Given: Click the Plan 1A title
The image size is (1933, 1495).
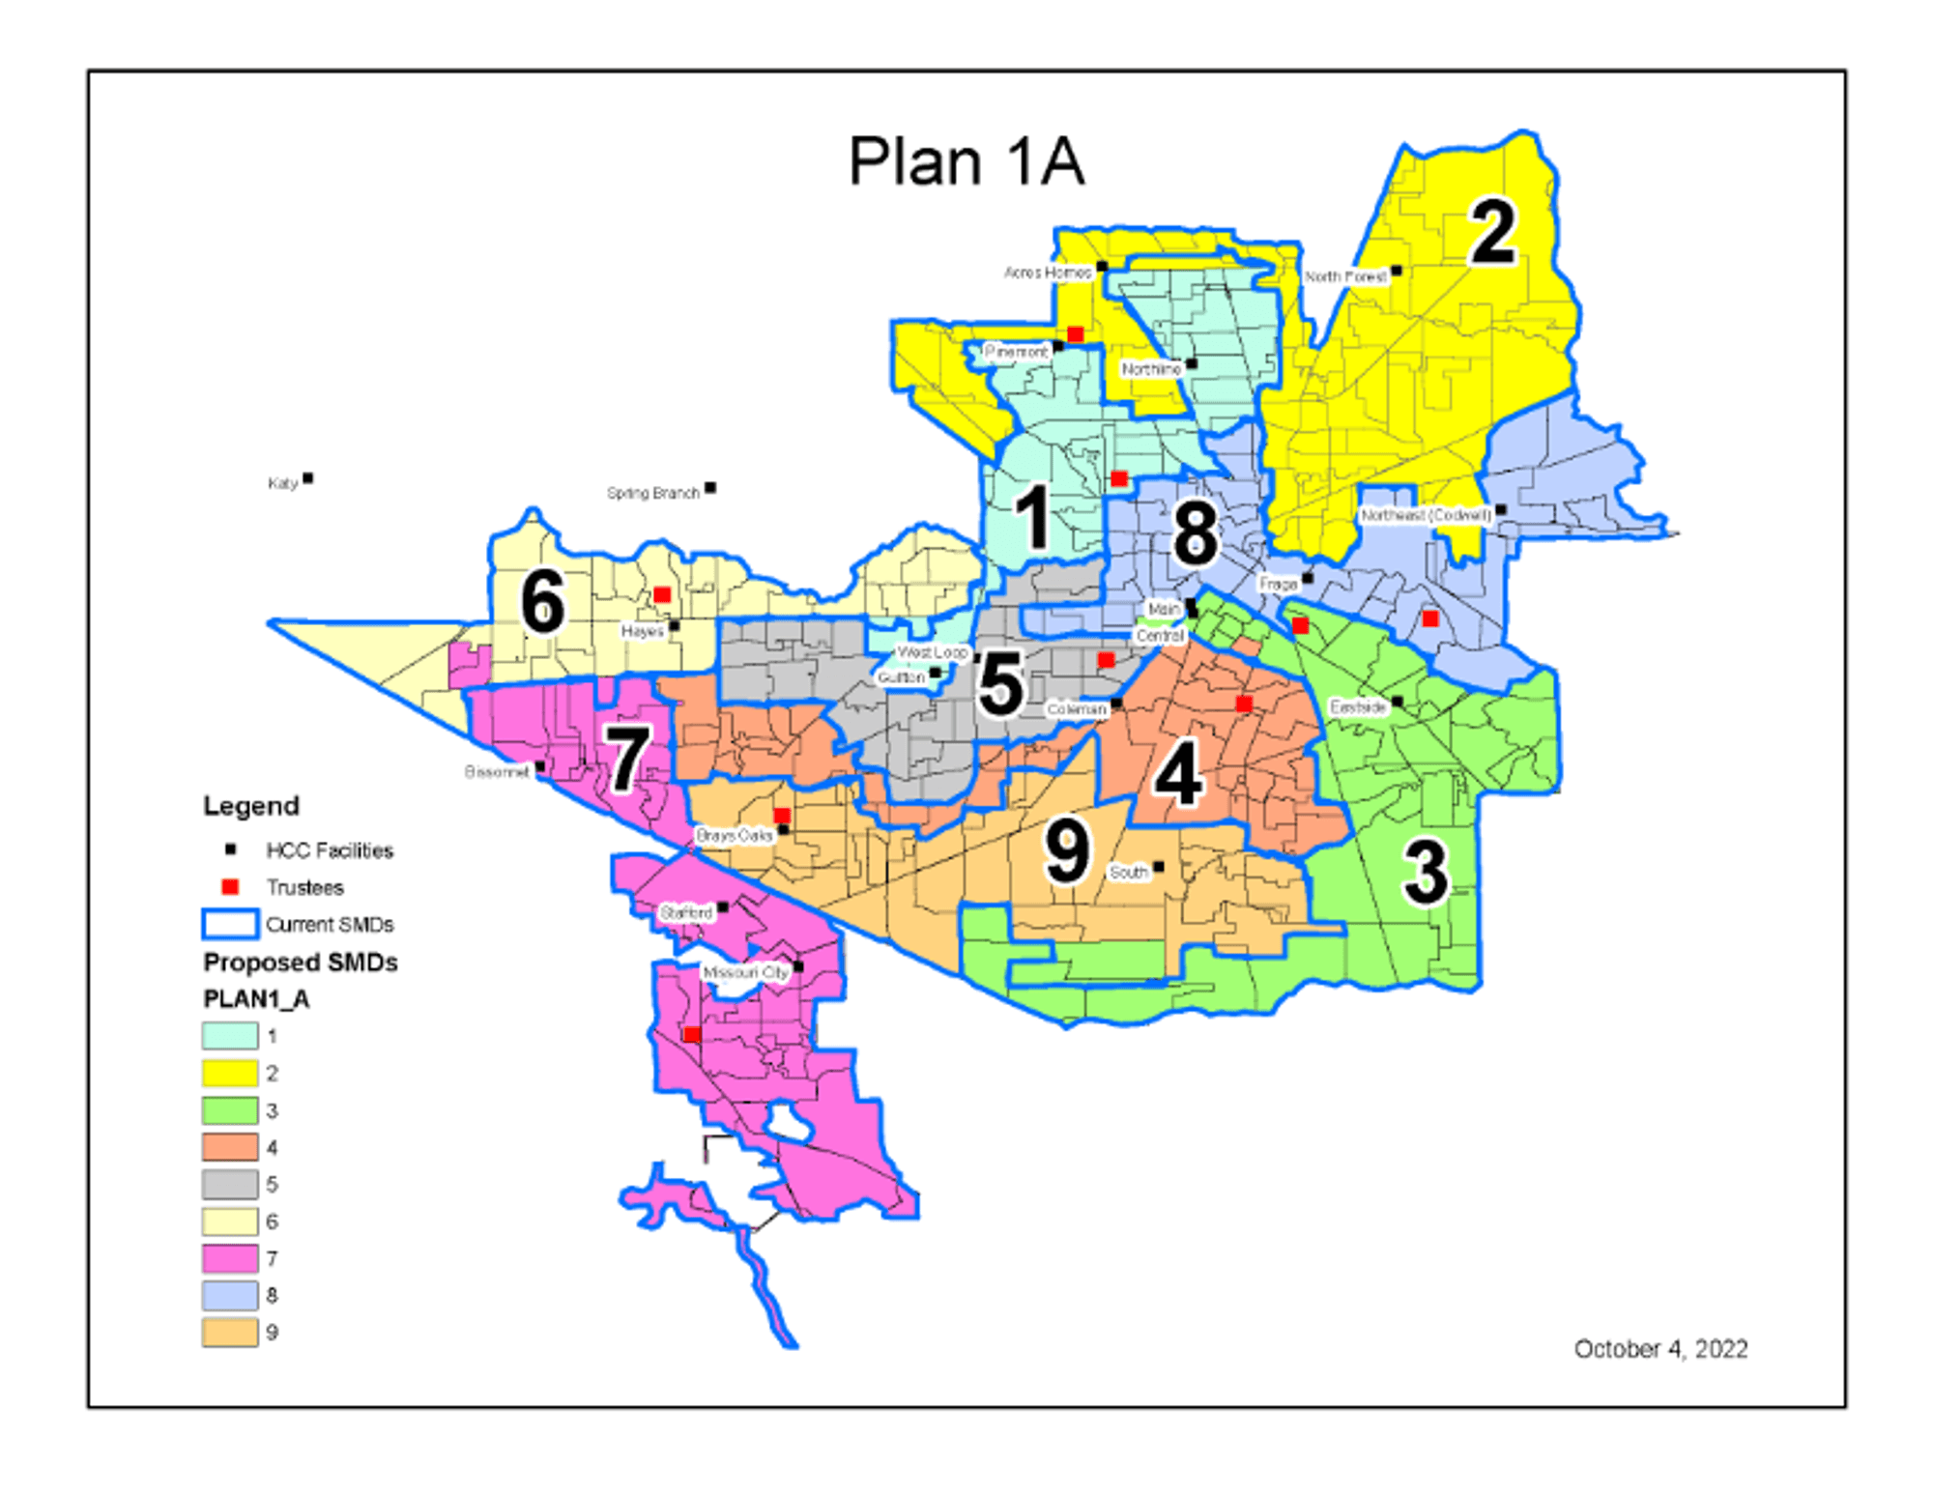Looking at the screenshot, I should click(966, 161).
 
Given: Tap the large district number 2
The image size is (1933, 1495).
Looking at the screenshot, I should click(1493, 232).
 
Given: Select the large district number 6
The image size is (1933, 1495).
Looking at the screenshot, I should click(542, 601).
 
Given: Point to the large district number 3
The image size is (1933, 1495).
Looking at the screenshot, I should click(1426, 872).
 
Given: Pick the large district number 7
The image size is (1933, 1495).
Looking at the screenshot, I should click(627, 759).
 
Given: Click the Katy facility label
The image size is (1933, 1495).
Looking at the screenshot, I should click(282, 483).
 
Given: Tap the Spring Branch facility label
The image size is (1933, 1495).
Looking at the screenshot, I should click(652, 493).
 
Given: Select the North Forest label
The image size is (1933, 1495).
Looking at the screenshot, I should click(1345, 276).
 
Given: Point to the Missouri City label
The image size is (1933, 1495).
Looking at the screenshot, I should click(745, 972).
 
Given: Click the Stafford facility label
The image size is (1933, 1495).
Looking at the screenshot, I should click(686, 912).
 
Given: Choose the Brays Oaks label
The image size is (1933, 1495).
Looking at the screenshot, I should click(734, 835).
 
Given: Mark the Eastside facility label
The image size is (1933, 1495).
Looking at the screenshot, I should click(1358, 707).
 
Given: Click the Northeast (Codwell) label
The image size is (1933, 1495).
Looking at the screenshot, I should click(1426, 515).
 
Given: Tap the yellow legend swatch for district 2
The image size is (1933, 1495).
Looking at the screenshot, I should click(230, 1073).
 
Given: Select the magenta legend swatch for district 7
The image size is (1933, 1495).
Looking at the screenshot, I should click(230, 1258).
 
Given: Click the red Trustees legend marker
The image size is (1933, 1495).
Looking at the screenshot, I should click(230, 887).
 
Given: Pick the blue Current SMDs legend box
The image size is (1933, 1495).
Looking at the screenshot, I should click(230, 924).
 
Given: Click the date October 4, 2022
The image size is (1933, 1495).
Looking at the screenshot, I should click(1660, 1349).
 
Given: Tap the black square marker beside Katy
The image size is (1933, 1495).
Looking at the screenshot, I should click(308, 478).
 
